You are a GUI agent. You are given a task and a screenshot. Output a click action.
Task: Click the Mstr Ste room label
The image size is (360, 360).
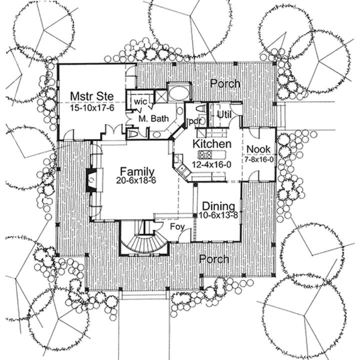[x=92, y=96]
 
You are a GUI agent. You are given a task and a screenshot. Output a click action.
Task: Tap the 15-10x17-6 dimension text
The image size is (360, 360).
[x=92, y=108]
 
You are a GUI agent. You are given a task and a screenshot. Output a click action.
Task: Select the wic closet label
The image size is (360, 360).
[x=140, y=101]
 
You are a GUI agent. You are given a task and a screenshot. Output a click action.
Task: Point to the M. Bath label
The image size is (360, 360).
[x=153, y=118]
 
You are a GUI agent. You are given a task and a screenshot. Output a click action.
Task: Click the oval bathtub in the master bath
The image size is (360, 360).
[x=179, y=93]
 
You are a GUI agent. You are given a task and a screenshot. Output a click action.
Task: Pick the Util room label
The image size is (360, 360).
[x=224, y=114]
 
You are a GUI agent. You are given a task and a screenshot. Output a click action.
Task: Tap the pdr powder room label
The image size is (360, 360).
[x=194, y=121]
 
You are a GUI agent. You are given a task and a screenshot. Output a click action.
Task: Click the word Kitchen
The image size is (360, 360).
[x=212, y=144]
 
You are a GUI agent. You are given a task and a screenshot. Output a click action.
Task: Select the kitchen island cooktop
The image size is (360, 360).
[x=205, y=154]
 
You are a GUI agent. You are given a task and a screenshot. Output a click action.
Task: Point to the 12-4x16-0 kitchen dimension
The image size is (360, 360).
[x=211, y=164]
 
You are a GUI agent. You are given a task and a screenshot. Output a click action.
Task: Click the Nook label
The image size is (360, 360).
[x=258, y=149]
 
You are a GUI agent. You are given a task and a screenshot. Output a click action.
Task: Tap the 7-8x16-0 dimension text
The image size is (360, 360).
[x=259, y=159]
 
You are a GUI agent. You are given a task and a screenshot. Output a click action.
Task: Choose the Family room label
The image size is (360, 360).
[x=137, y=171]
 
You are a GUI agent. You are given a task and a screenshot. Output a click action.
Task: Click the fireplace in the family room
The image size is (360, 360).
[x=91, y=180]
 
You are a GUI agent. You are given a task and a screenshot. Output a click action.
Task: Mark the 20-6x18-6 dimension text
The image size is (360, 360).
[x=136, y=180]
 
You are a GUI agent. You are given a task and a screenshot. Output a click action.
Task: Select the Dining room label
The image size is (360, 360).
[x=218, y=206]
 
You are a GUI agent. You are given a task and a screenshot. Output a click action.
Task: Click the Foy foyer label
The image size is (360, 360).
[x=177, y=227]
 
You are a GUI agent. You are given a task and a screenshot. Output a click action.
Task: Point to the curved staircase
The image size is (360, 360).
[x=144, y=243]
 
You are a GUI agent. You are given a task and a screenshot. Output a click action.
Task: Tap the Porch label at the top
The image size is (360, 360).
[x=225, y=83]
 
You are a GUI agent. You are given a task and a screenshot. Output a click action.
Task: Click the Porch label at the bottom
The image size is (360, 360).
[x=214, y=259]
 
